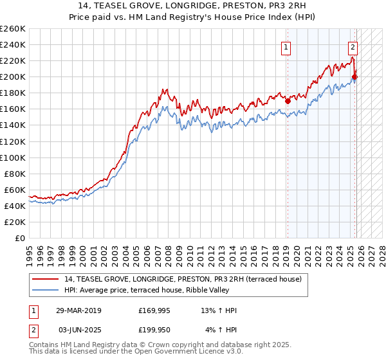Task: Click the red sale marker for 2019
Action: pos(288,101)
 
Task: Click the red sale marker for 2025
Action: pos(354,77)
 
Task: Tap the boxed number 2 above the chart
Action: pos(353,46)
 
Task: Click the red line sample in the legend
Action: pos(46,278)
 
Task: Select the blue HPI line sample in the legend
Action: pos(46,289)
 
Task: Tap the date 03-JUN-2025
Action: pos(78,330)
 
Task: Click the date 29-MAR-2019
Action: pos(78,310)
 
